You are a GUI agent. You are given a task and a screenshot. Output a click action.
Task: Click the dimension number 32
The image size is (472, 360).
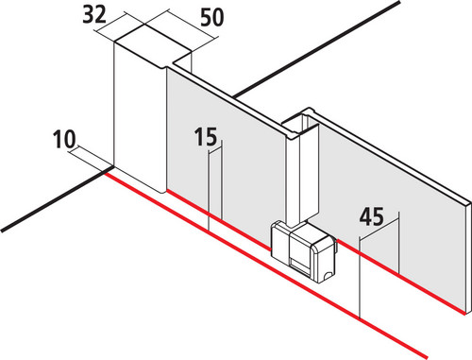[94, 15]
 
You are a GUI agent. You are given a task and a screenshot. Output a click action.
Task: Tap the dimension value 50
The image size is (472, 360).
[212, 17]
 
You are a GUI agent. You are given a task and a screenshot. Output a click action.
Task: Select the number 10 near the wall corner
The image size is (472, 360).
[64, 139]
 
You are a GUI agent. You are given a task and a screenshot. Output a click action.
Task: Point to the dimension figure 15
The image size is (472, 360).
[206, 137]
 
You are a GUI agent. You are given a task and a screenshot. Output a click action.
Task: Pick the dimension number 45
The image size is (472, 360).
[372, 216]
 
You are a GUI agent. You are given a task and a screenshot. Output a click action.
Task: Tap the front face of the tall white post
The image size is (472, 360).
[140, 116]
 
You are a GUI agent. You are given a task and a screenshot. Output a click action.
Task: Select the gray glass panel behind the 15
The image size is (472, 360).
[225, 158]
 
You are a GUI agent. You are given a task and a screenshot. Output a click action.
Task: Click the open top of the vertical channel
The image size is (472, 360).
[299, 123]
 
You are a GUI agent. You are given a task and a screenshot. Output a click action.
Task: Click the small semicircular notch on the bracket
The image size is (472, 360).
[328, 275]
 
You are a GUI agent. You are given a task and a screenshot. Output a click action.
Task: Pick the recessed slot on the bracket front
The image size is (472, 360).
[300, 264]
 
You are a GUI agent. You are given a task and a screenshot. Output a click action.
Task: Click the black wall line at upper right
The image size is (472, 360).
[316, 49]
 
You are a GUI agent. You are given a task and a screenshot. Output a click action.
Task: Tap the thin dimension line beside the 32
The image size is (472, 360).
[119, 27]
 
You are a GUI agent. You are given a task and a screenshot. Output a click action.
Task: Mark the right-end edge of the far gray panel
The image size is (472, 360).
[468, 257]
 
